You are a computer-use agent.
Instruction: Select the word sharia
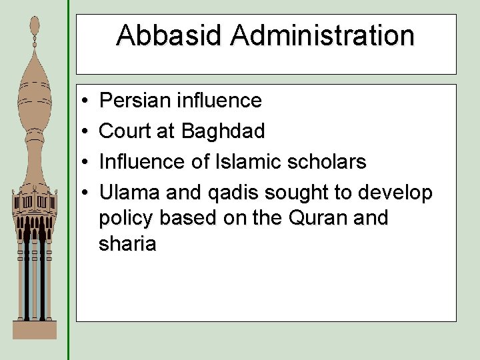(127, 244)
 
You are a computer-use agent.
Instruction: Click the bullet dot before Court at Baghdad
(87, 132)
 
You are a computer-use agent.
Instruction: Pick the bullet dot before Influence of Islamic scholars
(87, 163)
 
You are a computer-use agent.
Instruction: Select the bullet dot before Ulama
(87, 193)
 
